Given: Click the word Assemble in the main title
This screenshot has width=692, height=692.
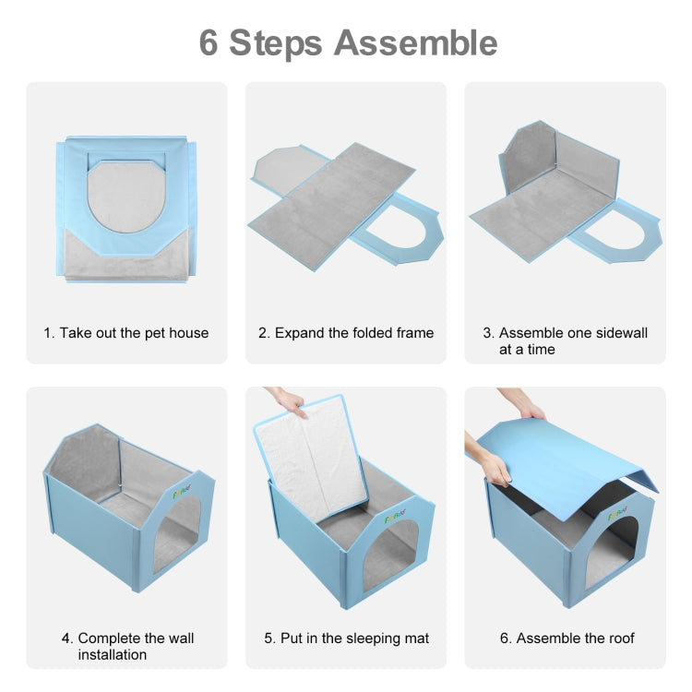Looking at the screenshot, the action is (415, 42).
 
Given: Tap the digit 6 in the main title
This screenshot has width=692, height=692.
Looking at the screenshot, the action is (209, 42).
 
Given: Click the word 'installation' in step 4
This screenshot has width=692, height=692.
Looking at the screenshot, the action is (113, 654).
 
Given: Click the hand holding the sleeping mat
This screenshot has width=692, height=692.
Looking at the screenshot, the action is (286, 401).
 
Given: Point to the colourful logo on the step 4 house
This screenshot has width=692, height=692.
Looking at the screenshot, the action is (182, 491).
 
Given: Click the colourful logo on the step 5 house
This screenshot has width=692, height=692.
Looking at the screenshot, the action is (395, 517).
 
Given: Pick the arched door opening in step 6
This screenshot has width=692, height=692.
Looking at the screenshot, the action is (611, 552).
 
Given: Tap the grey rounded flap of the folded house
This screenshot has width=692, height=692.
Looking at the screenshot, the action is (126, 197).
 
